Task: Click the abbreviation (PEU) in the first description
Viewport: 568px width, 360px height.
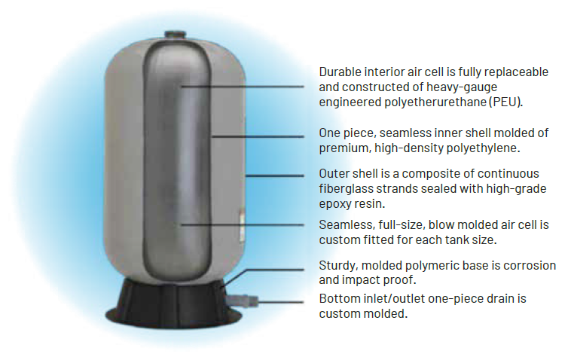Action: pyautogui.click(x=505, y=102)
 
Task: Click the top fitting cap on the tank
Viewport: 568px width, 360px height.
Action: pyautogui.click(x=176, y=35)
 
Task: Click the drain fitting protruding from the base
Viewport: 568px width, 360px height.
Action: pyautogui.click(x=242, y=301)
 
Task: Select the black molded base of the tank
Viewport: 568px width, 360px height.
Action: pyautogui.click(x=174, y=304)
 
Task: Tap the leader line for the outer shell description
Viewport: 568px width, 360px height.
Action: pyautogui.click(x=275, y=175)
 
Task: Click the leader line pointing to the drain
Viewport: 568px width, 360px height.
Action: pyautogui.click(x=281, y=302)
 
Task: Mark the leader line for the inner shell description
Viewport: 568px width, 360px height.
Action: pyautogui.click(x=258, y=136)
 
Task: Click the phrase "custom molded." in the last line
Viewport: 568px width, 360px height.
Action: pyautogui.click(x=363, y=313)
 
